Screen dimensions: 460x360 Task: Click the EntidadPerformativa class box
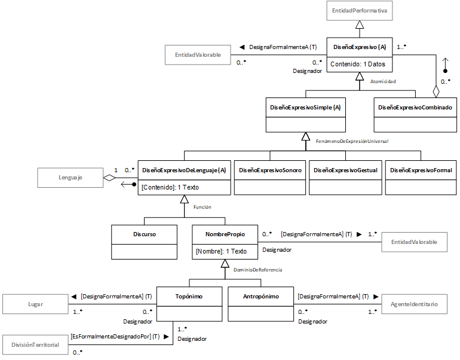pos(360,11)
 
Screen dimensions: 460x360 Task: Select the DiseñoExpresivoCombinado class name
pos(415,108)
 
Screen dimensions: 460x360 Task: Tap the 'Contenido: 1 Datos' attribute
pos(358,64)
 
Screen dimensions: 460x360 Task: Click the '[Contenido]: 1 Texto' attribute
pos(170,187)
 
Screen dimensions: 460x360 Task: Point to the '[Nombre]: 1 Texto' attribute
pos(221,251)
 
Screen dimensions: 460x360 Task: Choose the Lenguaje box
pos(70,178)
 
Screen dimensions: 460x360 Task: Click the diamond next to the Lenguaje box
pos(109,178)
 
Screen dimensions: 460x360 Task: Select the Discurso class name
pos(145,234)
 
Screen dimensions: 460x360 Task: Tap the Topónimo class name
pos(189,296)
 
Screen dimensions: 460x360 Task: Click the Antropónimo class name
pos(261,296)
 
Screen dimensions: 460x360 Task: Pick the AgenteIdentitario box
pos(414,304)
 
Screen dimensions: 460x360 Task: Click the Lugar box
pos(35,304)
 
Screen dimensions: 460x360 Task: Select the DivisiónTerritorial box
pos(35,344)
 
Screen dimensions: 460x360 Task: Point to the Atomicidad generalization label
pos(383,81)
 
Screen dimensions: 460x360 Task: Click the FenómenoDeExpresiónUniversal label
pos(352,141)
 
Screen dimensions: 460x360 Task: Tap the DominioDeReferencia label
pos(258,270)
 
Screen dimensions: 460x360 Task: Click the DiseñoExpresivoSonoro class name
pos(270,170)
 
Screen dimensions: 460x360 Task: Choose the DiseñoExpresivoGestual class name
pos(345,170)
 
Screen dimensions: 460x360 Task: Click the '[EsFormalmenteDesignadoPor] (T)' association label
pos(115,337)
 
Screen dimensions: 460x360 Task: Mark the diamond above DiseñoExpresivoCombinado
pos(436,91)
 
